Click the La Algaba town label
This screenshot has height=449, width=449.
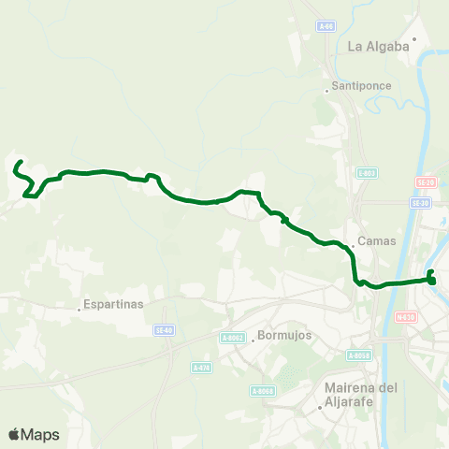[x=379, y=46]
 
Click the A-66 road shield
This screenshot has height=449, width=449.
[x=326, y=25]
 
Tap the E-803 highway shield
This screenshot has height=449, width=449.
[x=367, y=172]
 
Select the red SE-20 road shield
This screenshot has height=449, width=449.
[x=425, y=182]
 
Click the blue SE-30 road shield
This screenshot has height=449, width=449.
[x=420, y=202]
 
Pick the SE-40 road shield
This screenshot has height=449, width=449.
[x=165, y=329]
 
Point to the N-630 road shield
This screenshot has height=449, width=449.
[x=405, y=316]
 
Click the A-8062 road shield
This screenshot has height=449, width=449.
[x=233, y=338]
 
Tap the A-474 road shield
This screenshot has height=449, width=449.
[x=201, y=368]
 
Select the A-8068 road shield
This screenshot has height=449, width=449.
[x=262, y=391]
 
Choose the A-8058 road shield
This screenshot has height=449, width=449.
[x=359, y=355]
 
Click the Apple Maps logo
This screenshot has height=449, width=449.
[x=34, y=434]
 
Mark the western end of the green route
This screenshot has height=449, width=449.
[x=18, y=164]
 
